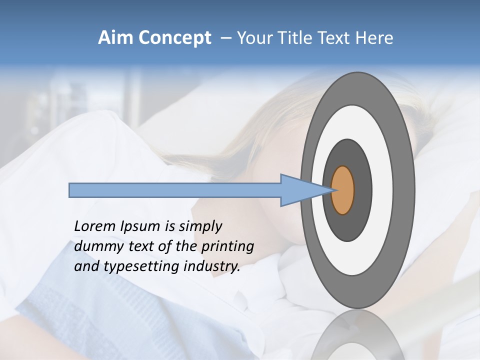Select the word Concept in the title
click(175, 38)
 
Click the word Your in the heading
click(255, 38)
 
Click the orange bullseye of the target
click(343, 190)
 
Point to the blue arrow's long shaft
click(175, 190)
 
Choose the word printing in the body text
click(227, 246)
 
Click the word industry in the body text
click(212, 266)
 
